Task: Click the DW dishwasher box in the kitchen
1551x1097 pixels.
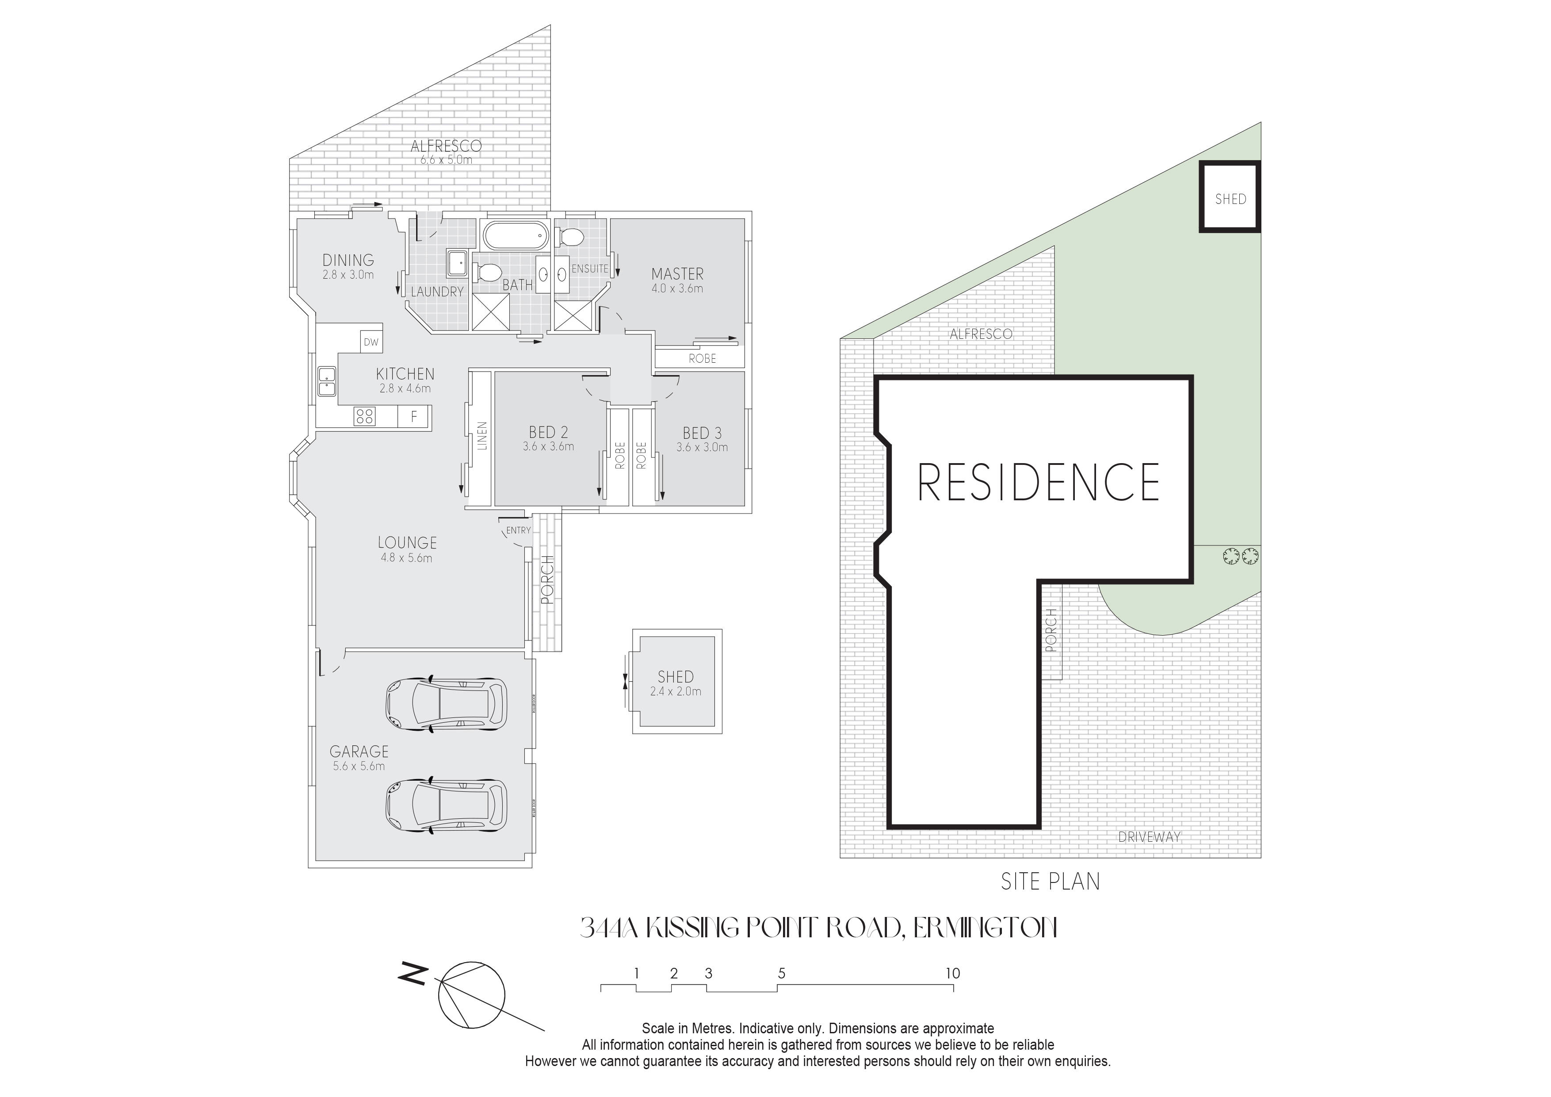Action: click(371, 342)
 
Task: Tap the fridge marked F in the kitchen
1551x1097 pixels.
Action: click(414, 416)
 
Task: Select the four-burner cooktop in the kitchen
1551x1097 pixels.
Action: click(365, 416)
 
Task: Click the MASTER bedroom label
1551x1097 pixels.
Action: click(677, 274)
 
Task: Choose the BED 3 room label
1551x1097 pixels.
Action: click(702, 433)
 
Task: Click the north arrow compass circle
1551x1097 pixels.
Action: click(471, 995)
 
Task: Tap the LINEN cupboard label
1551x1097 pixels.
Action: click(481, 437)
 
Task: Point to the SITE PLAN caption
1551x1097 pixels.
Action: click(1051, 882)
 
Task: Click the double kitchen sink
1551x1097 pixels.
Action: click(327, 382)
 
